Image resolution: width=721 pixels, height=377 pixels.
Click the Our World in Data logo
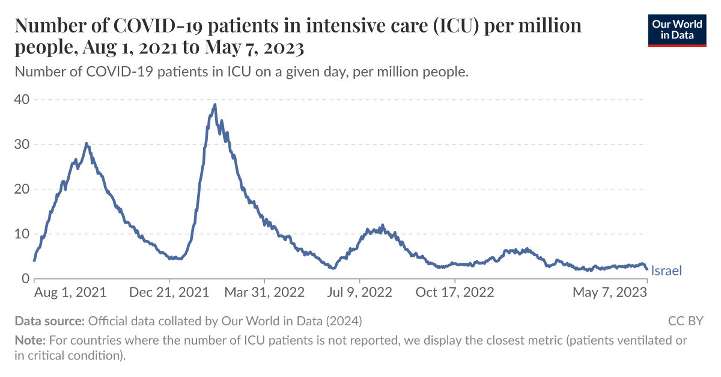point(677,29)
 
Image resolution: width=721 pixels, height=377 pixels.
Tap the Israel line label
point(666,271)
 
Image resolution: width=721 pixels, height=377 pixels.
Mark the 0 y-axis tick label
point(25,279)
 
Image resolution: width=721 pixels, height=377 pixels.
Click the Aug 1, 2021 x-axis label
point(70,293)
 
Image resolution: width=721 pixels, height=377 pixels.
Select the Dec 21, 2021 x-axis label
point(169,293)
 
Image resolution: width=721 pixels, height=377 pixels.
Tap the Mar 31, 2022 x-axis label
point(264,293)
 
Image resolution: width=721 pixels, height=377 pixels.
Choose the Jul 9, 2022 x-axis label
point(360,293)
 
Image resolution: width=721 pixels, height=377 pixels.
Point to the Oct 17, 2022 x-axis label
point(455,293)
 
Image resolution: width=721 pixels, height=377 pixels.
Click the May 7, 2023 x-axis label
point(609,293)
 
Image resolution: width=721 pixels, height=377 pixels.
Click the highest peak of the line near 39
point(214,105)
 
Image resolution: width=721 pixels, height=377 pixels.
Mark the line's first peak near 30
point(87,143)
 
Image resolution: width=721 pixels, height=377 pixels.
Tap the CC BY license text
point(685,321)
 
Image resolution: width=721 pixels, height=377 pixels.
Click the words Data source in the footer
point(50,321)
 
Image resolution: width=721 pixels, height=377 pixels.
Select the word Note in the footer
point(29,340)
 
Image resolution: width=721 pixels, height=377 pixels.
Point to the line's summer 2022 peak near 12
point(382,225)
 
